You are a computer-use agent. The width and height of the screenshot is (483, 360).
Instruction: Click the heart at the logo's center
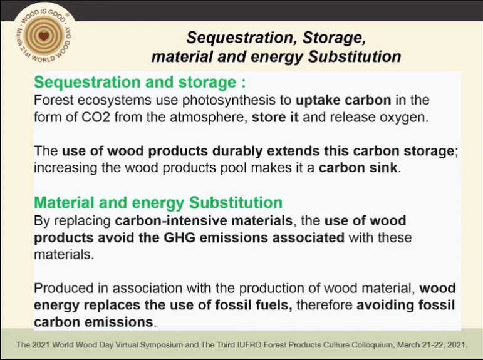coord(44,36)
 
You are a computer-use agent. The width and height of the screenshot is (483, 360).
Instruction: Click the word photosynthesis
coord(237,101)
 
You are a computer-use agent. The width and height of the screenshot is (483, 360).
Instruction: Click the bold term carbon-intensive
coord(204,221)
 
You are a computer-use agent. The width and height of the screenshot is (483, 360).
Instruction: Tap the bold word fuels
coord(274,306)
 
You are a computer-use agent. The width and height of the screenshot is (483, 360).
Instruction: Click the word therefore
coord(325,306)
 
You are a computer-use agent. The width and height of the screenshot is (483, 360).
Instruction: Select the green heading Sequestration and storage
coord(135,82)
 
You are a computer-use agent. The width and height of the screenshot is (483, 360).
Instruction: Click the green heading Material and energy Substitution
coord(158,203)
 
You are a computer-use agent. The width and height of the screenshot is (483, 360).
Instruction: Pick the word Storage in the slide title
coord(335,38)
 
